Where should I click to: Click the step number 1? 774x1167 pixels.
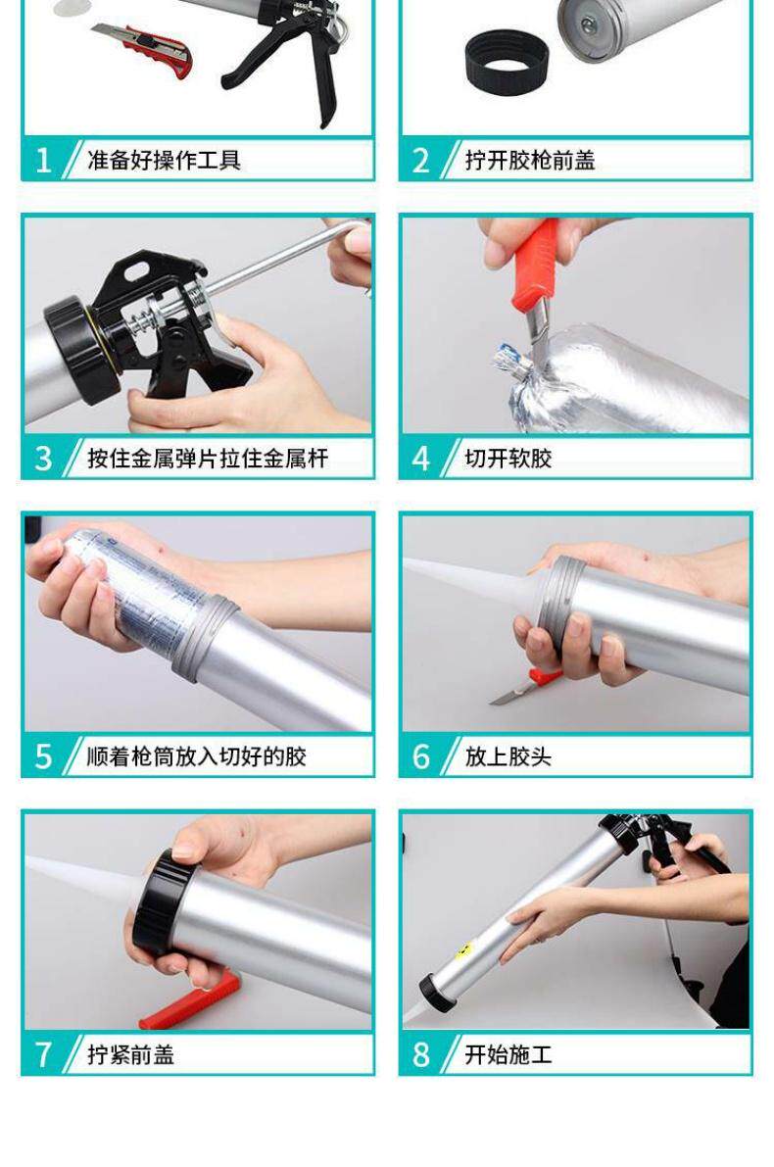(44, 160)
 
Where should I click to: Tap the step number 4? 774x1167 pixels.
(420, 459)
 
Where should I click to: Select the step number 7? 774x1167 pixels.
(43, 1054)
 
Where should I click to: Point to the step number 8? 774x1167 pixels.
(421, 1054)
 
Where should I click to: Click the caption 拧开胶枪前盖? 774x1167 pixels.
(530, 160)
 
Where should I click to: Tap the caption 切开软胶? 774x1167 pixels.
(508, 459)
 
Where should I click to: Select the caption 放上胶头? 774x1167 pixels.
(508, 756)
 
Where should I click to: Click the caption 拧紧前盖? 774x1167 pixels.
(131, 1054)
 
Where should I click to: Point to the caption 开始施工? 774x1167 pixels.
(508, 1054)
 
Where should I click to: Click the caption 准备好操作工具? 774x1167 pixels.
(164, 160)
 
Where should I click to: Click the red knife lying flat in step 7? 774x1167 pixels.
(190, 1000)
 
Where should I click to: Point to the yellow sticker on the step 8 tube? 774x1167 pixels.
(464, 949)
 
